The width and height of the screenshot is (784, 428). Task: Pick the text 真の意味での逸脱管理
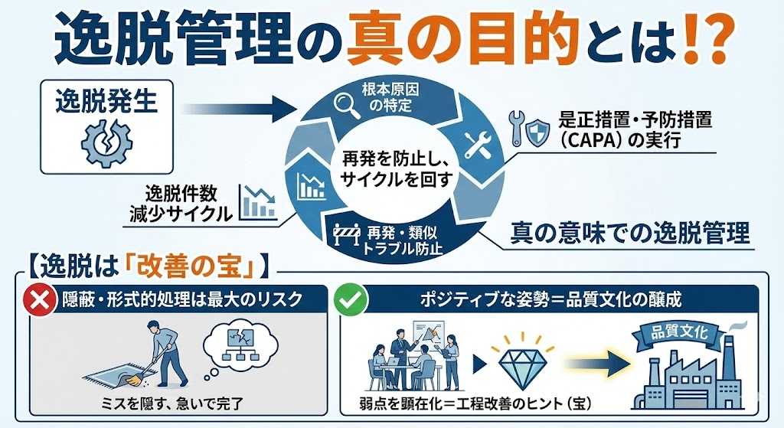(629, 232)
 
